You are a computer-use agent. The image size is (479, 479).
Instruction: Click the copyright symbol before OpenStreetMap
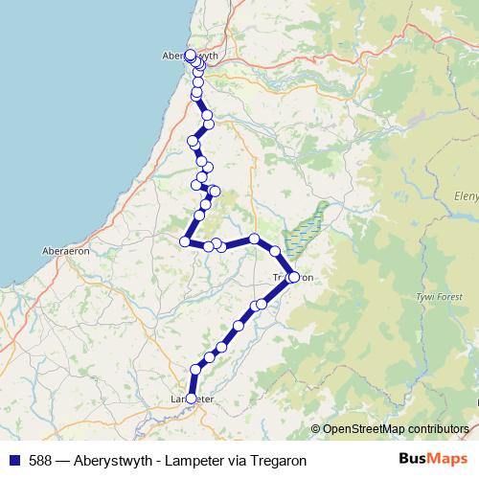(315, 428)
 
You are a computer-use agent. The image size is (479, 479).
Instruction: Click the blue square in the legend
(13, 460)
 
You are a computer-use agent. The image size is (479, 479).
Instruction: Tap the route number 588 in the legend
(39, 460)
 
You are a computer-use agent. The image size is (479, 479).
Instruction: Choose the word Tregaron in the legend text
(279, 460)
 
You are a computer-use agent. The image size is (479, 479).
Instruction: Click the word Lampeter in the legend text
(194, 460)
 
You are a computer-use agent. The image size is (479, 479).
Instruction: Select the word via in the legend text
(239, 460)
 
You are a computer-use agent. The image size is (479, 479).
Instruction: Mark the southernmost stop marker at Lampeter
(191, 398)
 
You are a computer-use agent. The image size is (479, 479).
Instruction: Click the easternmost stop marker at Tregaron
(293, 278)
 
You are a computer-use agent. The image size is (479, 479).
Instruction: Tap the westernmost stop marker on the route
(185, 241)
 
